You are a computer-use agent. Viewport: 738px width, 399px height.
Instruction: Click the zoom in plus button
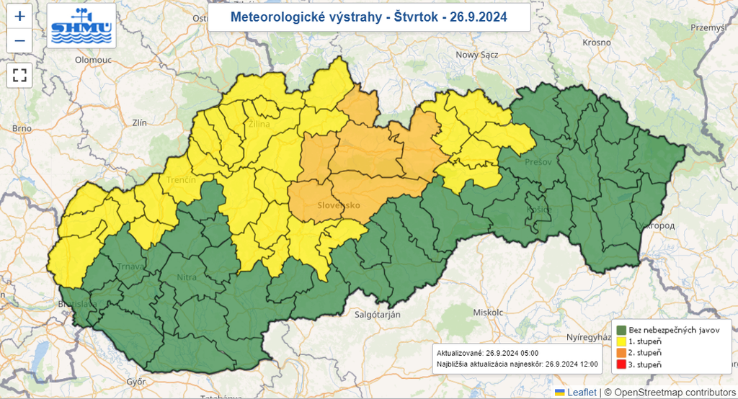point(19,15)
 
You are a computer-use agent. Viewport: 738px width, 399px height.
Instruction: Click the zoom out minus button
point(19,40)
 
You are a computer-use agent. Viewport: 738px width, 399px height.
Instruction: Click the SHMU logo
point(81,25)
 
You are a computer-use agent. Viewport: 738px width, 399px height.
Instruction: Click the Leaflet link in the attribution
point(580,393)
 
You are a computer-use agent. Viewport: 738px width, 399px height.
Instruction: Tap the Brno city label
point(22,128)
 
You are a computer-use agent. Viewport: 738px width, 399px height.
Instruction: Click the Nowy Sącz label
point(476,55)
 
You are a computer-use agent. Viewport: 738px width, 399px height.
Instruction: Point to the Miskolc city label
point(487,313)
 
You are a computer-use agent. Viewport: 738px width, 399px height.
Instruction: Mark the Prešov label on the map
point(538,162)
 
